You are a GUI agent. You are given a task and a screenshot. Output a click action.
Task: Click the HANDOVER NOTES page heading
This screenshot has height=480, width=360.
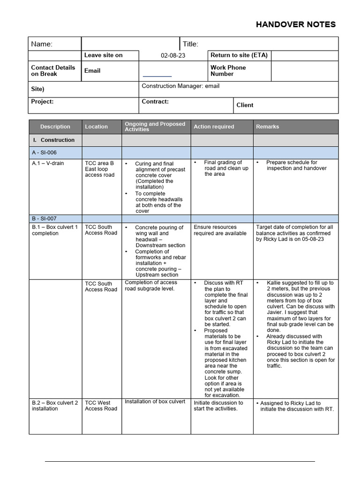point(295,25)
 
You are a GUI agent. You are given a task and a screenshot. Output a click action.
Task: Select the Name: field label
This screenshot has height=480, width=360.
point(42,44)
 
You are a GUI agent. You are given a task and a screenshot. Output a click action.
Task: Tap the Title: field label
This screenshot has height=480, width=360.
point(190,44)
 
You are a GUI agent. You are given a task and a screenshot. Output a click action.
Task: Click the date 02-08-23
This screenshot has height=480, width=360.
point(173,55)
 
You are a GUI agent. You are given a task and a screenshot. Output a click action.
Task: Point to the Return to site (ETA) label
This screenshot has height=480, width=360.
point(239,55)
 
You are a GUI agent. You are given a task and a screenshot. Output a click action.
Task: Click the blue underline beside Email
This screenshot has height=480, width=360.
point(157,76)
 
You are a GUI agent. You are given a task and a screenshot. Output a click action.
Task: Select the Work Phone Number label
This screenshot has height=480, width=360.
point(228,71)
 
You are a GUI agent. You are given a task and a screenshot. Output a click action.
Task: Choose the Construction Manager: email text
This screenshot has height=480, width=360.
point(180,86)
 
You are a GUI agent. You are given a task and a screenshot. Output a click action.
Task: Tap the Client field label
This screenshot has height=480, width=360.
point(245,105)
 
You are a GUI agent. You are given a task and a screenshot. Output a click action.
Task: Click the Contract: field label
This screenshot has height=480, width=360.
point(155,102)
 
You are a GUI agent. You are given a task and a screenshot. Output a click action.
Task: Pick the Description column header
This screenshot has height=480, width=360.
point(55,127)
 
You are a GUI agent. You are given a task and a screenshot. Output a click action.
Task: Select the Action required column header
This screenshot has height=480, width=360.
point(214,127)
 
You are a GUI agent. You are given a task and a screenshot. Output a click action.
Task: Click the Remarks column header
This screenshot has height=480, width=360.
point(267,127)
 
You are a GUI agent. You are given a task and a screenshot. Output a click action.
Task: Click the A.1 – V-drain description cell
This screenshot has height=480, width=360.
point(48,164)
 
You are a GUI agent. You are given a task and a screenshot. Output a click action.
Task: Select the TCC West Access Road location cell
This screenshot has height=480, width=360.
point(97,405)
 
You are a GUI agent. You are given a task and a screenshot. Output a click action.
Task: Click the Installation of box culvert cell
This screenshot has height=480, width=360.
point(155,402)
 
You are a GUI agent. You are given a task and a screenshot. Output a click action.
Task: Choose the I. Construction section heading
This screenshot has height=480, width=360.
point(54,140)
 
